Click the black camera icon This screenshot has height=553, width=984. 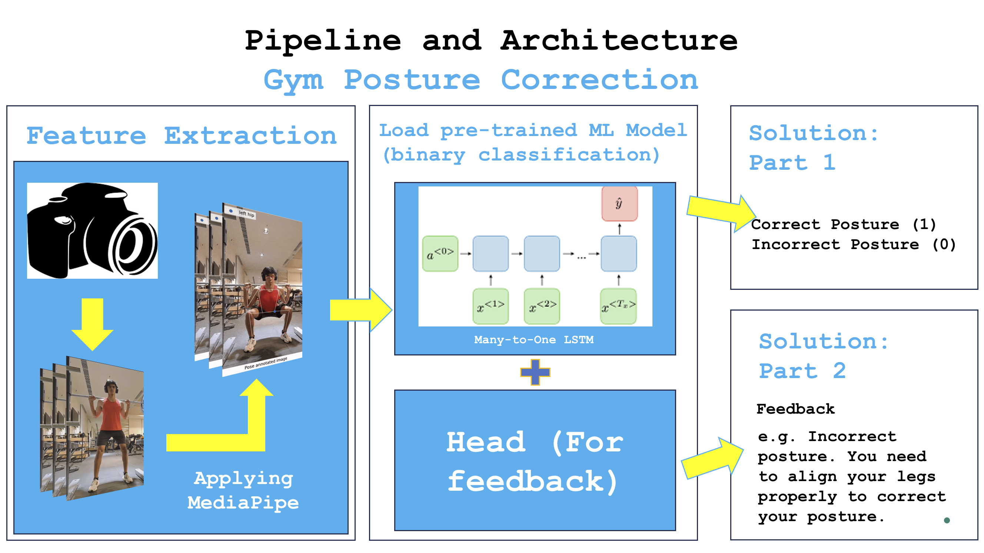coord(92,230)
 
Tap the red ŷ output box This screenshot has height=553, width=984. coord(619,204)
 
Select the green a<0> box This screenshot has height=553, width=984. coord(440,254)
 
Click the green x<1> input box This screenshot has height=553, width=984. coord(491,306)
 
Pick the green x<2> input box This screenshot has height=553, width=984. coord(542,306)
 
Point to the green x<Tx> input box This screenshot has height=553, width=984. coord(618,306)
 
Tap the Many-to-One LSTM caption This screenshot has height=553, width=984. coord(533,340)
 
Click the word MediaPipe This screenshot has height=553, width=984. coord(243,503)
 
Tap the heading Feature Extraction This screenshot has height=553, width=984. coord(182,136)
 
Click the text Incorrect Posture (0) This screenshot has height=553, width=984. coord(853,244)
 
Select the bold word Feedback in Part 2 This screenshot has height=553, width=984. coord(795,409)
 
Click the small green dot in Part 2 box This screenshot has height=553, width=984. coord(947,520)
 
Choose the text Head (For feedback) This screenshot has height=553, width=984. coord(534,461)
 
